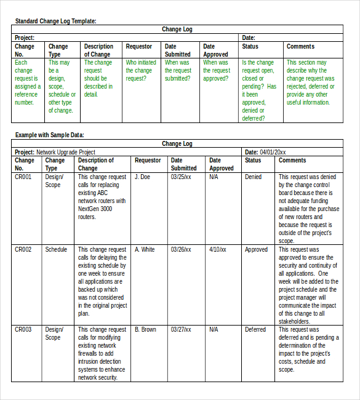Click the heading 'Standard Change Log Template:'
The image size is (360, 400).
[55, 21]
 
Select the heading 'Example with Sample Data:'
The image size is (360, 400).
[49, 135]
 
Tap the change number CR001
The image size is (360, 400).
[23, 177]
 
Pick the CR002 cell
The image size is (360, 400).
[23, 249]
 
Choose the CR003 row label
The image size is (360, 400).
[23, 329]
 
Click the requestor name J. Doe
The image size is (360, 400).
[142, 177]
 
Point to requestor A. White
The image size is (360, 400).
[145, 249]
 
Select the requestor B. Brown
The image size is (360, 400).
[145, 329]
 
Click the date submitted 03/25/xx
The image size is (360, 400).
[181, 177]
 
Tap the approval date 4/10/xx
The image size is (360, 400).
[218, 249]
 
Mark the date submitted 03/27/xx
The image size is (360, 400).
[181, 329]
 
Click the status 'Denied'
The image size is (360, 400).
[253, 177]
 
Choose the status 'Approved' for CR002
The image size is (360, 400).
[256, 249]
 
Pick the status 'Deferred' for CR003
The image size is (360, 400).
[255, 329]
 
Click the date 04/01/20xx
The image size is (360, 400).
[273, 152]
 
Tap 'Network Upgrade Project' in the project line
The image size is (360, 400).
[66, 152]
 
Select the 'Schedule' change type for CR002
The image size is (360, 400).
[56, 249]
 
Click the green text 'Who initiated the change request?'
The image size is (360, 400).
[141, 70]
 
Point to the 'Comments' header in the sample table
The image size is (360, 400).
[292, 160]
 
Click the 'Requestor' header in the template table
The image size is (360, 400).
[138, 46]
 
